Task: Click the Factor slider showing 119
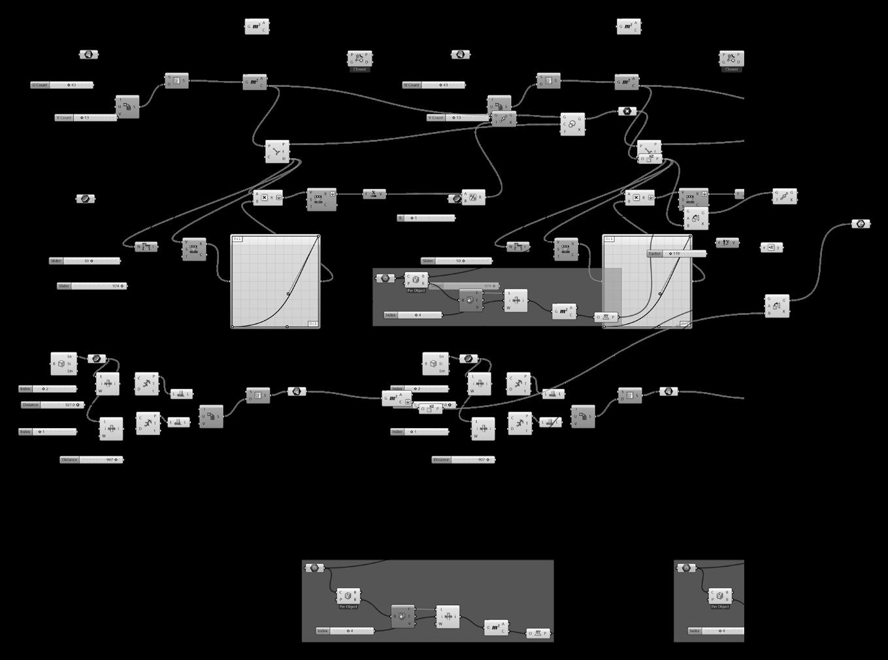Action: (x=676, y=254)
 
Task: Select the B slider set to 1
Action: (x=426, y=218)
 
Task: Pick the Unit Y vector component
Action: (x=727, y=243)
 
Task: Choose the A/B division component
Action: (x=473, y=197)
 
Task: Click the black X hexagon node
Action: (x=627, y=112)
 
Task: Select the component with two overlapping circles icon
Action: (x=572, y=124)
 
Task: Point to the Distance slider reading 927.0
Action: (x=52, y=405)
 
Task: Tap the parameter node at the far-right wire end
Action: (x=861, y=224)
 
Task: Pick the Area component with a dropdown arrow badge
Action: (x=397, y=398)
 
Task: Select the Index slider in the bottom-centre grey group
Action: (x=344, y=631)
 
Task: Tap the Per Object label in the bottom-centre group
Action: (x=348, y=607)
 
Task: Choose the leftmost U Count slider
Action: (x=62, y=86)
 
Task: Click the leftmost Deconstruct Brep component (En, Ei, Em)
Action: (x=63, y=363)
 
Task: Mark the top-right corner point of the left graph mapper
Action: (x=318, y=237)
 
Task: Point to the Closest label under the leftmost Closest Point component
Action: (x=359, y=69)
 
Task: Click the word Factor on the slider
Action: (x=655, y=254)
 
